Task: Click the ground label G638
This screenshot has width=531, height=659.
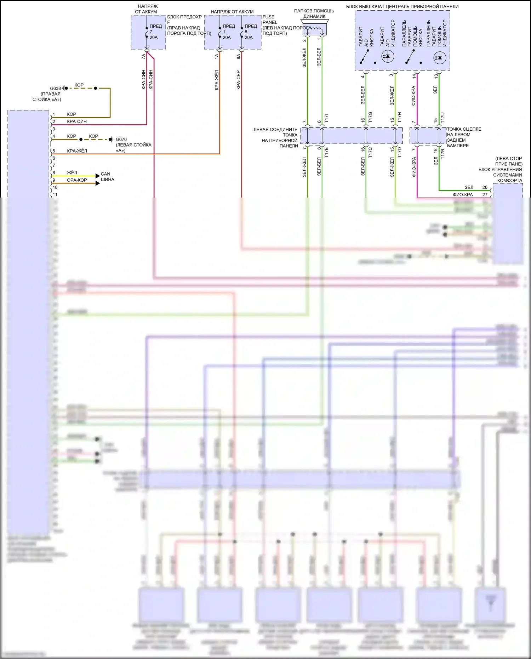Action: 55,89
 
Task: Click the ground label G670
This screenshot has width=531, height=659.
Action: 121,140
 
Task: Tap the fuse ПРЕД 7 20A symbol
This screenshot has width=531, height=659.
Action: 147,32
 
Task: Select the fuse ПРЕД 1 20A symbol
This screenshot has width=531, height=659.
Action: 220,32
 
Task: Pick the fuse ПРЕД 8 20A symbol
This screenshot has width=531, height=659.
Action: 242,32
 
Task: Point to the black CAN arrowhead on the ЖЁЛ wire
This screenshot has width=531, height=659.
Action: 98,176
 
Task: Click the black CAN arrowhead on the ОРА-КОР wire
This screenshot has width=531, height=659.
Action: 98,183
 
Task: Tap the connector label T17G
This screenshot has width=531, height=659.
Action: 370,118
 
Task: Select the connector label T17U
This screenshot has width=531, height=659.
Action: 442,118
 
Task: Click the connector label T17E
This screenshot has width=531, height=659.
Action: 326,152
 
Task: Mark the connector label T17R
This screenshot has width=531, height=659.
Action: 442,153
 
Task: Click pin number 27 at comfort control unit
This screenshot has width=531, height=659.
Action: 485,194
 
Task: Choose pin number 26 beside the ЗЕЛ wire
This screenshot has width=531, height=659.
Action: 485,187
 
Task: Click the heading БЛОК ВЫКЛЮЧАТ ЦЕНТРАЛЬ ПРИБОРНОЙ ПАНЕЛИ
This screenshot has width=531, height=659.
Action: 402,6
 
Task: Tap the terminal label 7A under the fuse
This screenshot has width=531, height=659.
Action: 143,56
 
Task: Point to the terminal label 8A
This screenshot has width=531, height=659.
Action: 239,56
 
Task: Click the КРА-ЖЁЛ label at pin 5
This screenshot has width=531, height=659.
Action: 77,151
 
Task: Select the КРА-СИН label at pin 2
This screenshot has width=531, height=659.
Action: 77,121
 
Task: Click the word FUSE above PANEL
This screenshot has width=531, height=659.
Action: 268,17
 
